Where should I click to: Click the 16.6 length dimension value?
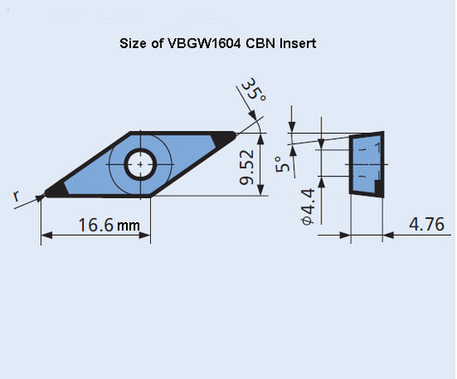pos(96,225)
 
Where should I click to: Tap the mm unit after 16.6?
pos(129,226)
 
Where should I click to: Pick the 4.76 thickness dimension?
pos(426,225)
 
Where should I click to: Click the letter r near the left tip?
pos(16,197)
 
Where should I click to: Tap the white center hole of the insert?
pos(139,162)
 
